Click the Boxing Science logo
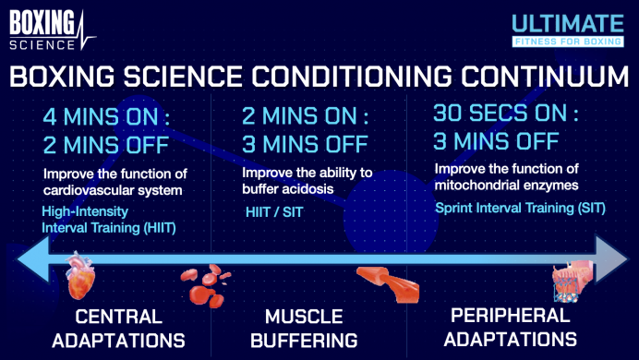tap(48, 28)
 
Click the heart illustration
tap(80, 272)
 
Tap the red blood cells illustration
tap(208, 283)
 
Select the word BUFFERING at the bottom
tap(304, 339)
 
